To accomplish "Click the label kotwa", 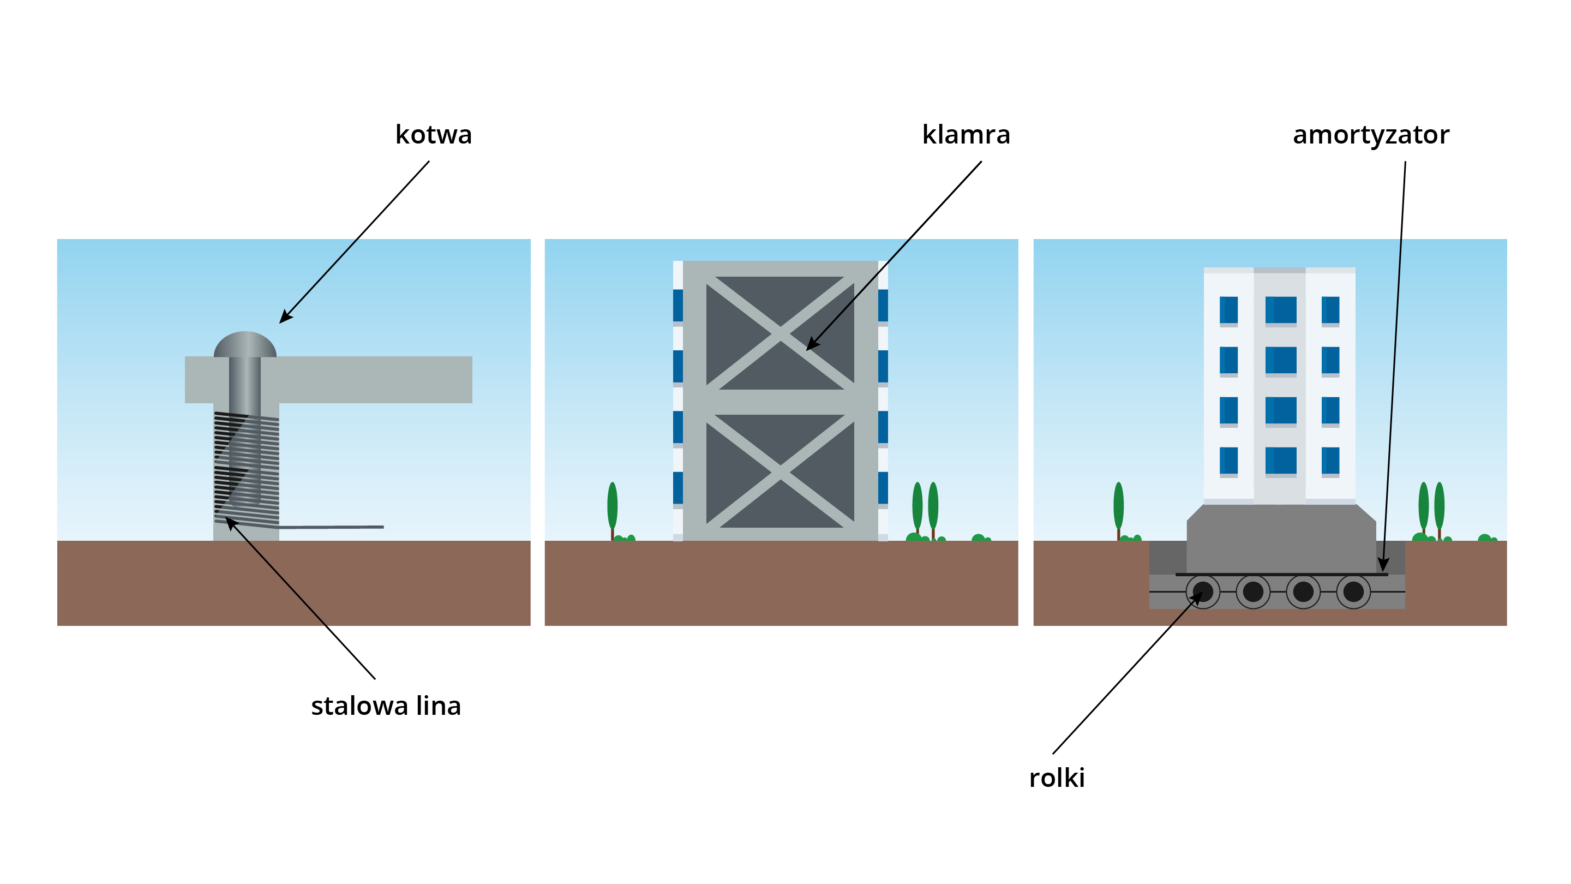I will [433, 135].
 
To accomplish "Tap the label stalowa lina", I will [386, 706].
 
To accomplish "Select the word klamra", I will [966, 135].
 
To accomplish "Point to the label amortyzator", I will [1370, 135].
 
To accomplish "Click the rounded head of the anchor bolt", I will [244, 344].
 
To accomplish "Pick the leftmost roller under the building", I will [1203, 591].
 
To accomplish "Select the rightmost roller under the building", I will [1353, 591].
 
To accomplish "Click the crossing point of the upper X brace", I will [780, 333].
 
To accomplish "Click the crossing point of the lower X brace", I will [780, 470].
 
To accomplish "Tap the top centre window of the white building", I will [1280, 310].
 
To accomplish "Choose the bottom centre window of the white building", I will [1280, 461].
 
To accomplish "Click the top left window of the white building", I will [1228, 310].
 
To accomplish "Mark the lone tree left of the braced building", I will [612, 507].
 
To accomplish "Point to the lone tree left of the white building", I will [1118, 507].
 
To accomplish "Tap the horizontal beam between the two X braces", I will [780, 402].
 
